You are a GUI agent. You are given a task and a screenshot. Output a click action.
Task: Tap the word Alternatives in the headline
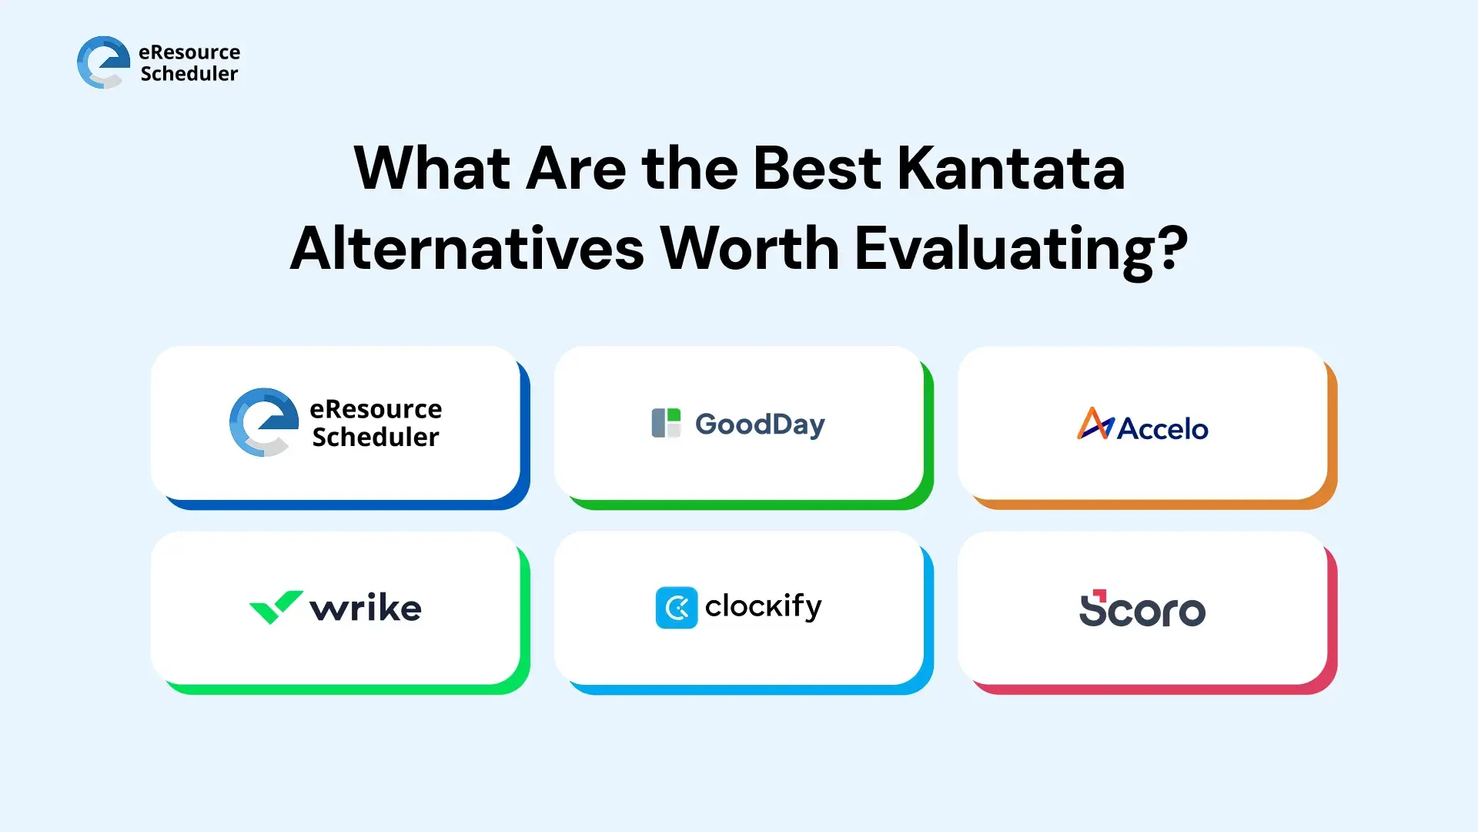467,249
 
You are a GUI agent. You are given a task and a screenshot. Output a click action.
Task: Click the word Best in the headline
817,168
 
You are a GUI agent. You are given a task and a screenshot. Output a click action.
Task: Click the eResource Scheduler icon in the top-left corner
103,62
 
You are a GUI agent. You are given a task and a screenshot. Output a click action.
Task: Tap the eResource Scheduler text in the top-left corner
189,63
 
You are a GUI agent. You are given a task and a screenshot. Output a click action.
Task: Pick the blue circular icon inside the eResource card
263,422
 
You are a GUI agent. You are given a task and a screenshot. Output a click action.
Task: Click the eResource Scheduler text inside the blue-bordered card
376,423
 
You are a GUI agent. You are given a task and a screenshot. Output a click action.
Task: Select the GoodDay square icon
666,423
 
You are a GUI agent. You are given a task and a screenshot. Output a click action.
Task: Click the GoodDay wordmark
760,424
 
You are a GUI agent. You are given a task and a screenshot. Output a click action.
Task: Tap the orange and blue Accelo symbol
1095,424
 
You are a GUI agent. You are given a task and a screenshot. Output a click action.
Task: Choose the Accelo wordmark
1162,428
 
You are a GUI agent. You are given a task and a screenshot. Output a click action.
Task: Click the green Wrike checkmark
276,607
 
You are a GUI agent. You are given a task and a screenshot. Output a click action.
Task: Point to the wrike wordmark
366,608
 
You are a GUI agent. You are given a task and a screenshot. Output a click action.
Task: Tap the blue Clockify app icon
677,608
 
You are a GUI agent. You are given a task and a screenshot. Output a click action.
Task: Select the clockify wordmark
764,607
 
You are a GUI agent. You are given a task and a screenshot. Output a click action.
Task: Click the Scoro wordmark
1142,610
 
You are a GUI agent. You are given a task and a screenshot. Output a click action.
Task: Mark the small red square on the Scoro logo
1100,595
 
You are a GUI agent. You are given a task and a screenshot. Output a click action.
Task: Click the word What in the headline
431,168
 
